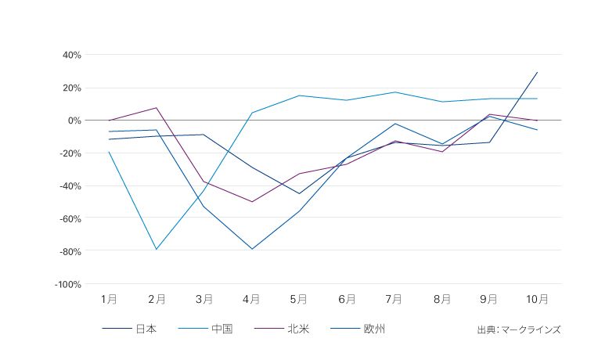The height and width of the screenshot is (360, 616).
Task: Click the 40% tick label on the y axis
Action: [x=72, y=55]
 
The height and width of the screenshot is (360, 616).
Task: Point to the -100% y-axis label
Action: [x=68, y=285]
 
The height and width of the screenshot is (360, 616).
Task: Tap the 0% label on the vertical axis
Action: [x=74, y=121]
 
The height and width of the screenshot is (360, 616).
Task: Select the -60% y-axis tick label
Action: [x=70, y=219]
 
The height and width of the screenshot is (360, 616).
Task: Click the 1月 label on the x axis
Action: [x=110, y=299]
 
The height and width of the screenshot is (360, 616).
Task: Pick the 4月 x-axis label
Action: [x=252, y=299]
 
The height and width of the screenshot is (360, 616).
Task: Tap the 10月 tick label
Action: [x=536, y=299]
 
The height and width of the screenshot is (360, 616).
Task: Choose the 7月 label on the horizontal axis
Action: [x=394, y=299]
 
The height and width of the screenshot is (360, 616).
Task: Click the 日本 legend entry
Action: [x=146, y=329]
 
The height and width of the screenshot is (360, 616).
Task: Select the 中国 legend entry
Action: [x=222, y=329]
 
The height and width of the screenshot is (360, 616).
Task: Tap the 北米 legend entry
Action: [x=297, y=329]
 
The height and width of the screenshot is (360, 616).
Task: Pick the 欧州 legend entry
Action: [x=374, y=329]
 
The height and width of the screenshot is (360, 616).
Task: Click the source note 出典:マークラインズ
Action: [x=519, y=329]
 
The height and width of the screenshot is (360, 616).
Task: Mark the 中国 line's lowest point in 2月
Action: [x=157, y=250]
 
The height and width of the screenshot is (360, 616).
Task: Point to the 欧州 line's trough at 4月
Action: [x=252, y=249]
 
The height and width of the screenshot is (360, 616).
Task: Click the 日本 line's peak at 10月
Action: [x=537, y=72]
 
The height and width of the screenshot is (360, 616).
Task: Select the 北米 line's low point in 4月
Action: [x=252, y=202]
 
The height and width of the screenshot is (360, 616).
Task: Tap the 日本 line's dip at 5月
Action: [x=299, y=193]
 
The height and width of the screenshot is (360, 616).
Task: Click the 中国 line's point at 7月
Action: [x=394, y=92]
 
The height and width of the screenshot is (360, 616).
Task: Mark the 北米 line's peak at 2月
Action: [x=157, y=108]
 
